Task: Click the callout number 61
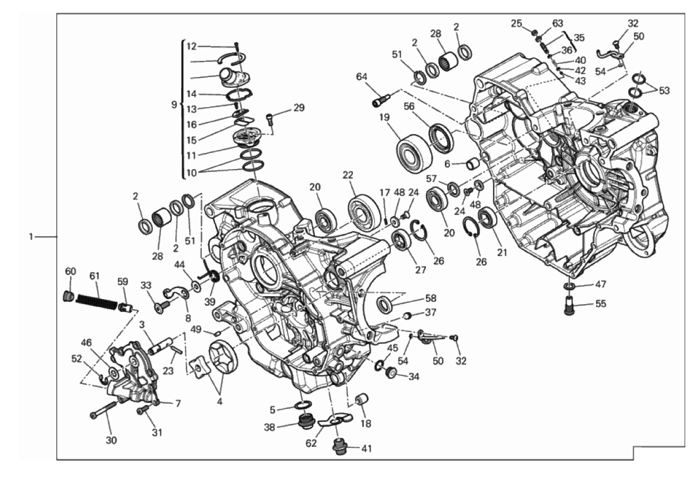coord(94,276)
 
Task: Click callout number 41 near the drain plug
coord(366,449)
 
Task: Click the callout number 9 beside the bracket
coord(174,105)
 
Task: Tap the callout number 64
coord(361,76)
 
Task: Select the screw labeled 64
coord(381,99)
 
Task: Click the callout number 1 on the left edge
coord(31,237)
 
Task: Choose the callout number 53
coord(664,90)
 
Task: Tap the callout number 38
coord(270,427)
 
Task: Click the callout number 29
coord(299,108)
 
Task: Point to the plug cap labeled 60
coord(68,296)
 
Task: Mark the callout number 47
coord(601,284)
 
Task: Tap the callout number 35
coord(579,37)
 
